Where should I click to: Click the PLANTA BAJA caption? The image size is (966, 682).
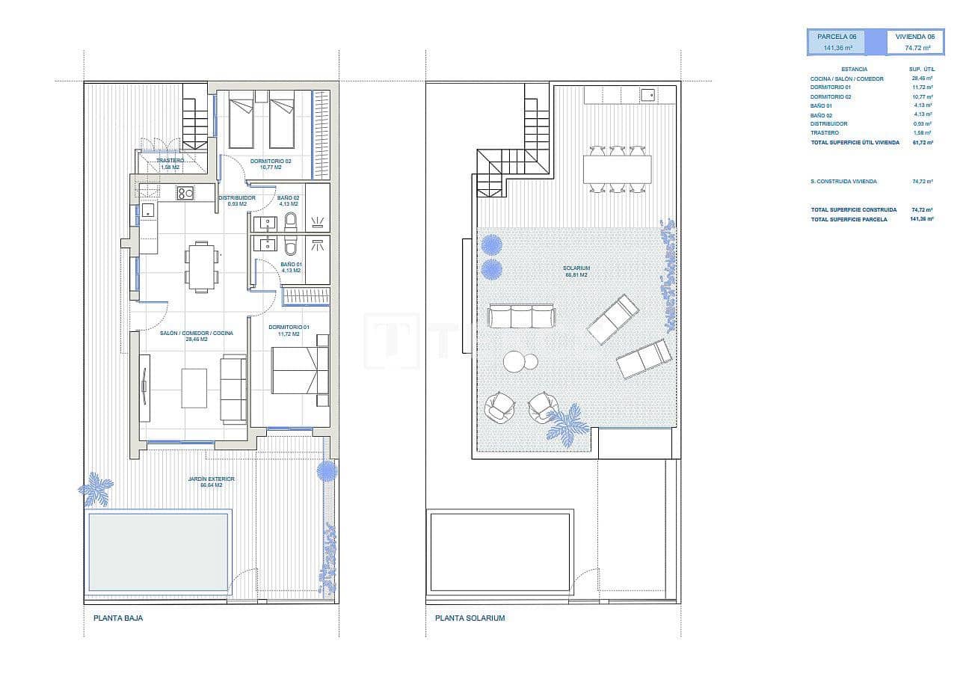[x=117, y=618]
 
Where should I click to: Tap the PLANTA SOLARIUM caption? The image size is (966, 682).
[x=470, y=618]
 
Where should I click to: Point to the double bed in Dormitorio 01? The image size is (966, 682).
[x=298, y=371]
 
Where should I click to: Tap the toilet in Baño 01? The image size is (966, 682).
[x=291, y=244]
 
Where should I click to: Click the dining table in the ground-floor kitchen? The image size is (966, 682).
[x=202, y=265]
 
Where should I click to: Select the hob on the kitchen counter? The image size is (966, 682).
[x=185, y=194]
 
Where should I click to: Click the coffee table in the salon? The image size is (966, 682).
[x=195, y=387]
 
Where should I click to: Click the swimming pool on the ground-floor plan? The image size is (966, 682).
[x=158, y=552]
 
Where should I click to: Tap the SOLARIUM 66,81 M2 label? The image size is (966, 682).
[x=576, y=271]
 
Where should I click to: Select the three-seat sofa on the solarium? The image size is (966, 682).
[x=520, y=315]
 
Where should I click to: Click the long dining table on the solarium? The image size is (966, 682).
[x=617, y=170]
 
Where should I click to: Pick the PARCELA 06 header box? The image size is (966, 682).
[x=837, y=42]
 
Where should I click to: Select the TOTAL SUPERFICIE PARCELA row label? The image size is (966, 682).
[x=849, y=219]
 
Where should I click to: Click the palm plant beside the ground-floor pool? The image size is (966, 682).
[x=96, y=489]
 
